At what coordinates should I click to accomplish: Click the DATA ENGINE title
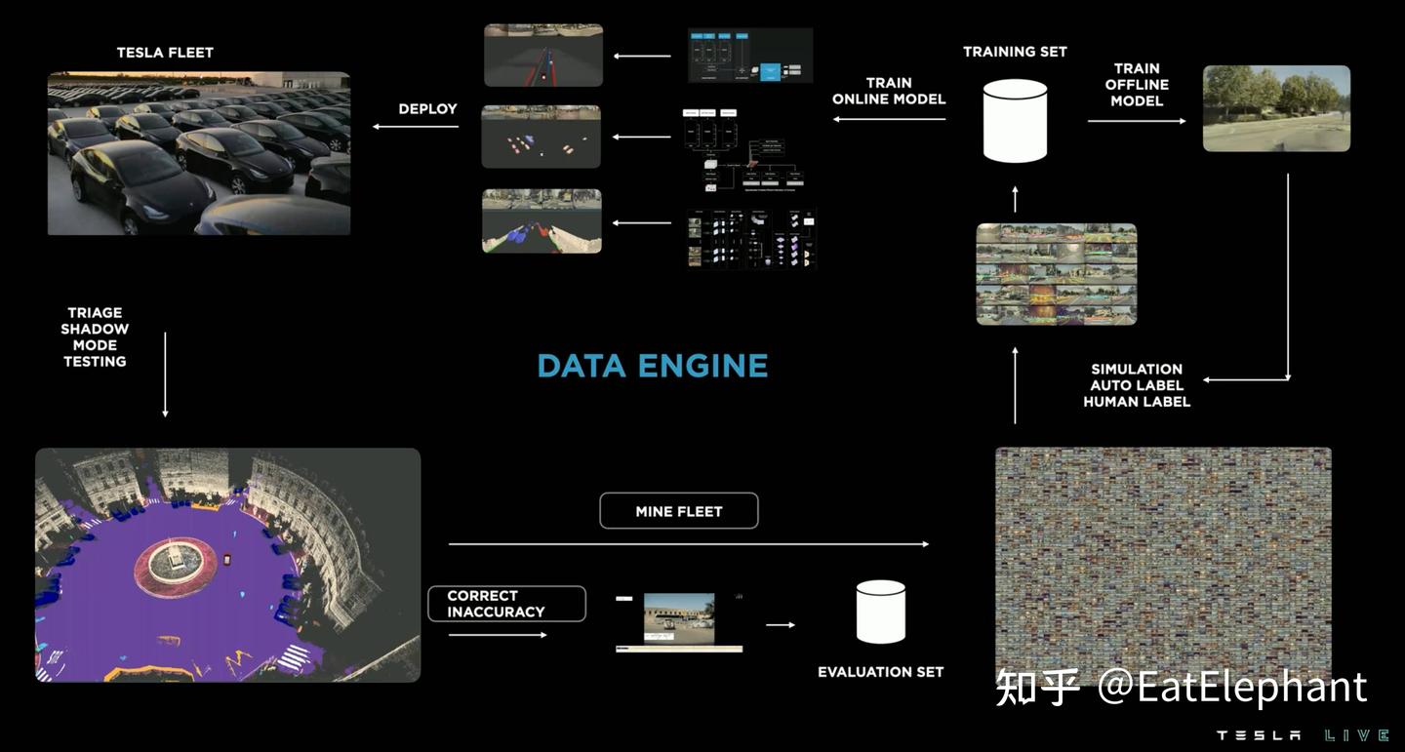652,366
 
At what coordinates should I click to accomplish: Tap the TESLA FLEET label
165,53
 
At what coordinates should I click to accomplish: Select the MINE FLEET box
679,511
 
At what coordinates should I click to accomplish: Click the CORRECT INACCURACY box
506,604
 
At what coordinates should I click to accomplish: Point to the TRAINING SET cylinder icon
1015,121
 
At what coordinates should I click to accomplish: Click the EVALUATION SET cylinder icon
880,613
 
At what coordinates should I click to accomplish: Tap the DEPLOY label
427,108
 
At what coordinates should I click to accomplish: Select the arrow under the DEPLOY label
416,127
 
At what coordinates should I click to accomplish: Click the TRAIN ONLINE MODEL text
888,91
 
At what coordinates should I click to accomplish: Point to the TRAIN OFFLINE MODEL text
1137,85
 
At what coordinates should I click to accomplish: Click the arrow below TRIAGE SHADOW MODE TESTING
165,375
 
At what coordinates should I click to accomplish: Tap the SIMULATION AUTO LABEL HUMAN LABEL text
1137,385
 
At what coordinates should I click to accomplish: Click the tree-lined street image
1276,108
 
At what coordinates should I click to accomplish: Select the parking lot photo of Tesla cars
199,153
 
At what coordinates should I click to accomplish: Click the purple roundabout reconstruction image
227,565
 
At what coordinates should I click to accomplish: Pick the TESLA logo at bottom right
1258,735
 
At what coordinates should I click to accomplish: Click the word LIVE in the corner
1356,735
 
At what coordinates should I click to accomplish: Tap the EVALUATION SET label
880,672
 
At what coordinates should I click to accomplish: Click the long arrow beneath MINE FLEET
688,544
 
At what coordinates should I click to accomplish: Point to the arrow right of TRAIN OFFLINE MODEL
1137,121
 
